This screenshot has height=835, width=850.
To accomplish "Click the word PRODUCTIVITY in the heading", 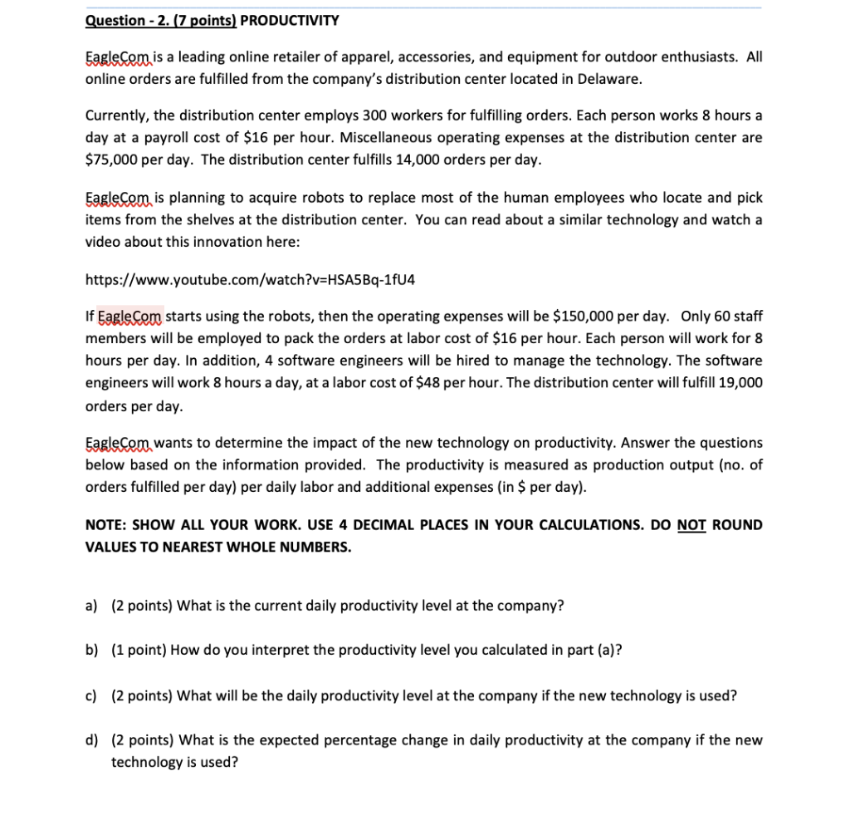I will (290, 20).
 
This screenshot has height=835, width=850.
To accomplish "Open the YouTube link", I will (250, 279).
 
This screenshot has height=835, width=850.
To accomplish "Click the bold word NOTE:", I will (106, 525).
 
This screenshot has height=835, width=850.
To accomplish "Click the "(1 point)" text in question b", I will (139, 650).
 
